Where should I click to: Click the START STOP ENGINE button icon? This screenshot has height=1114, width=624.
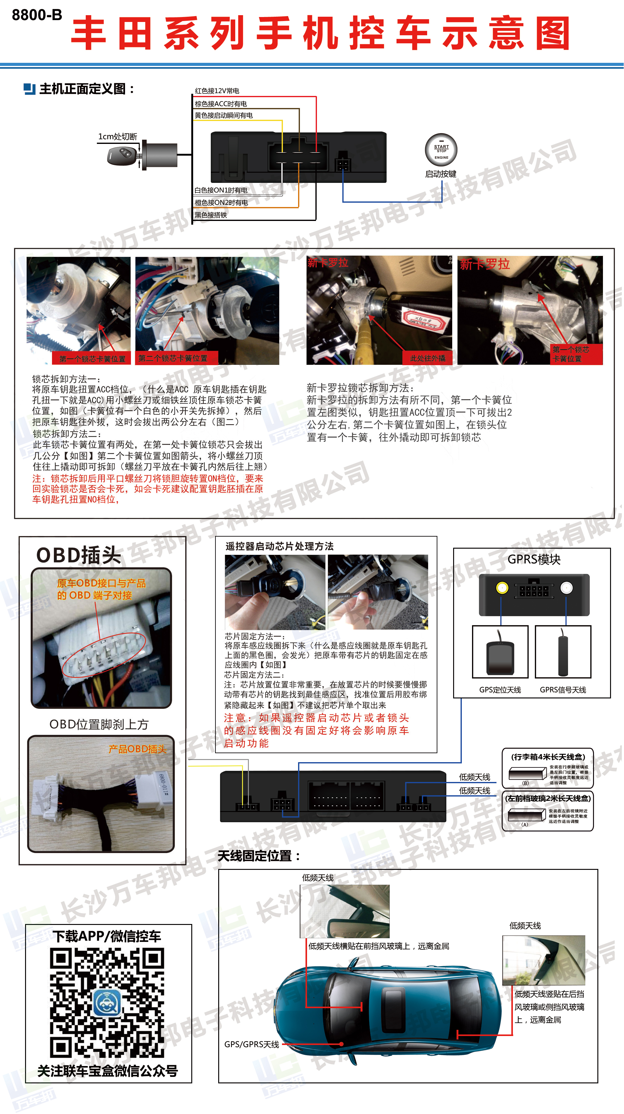point(441,150)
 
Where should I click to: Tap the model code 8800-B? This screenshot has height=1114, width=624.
point(37,15)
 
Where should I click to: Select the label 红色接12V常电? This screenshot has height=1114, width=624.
point(217,91)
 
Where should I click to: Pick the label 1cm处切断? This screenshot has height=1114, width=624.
point(117,137)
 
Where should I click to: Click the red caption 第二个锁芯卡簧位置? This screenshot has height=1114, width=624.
point(173,358)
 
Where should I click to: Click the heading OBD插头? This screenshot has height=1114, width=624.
point(79,555)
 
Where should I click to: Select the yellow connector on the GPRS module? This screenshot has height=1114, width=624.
point(502,588)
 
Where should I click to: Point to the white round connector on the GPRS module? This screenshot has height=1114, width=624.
point(566,588)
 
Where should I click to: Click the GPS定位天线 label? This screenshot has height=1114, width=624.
point(500,690)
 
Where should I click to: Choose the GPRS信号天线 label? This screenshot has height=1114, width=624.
point(563,690)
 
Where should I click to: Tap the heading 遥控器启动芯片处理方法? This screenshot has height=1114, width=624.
point(279,546)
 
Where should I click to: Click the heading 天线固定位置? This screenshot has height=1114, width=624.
point(258,856)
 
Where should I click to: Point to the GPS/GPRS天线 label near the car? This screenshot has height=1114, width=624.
point(251,1044)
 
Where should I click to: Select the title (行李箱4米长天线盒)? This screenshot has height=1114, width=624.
point(548,757)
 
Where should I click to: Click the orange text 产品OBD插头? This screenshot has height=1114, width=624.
point(137,749)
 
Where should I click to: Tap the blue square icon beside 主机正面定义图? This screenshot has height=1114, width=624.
point(29,89)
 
